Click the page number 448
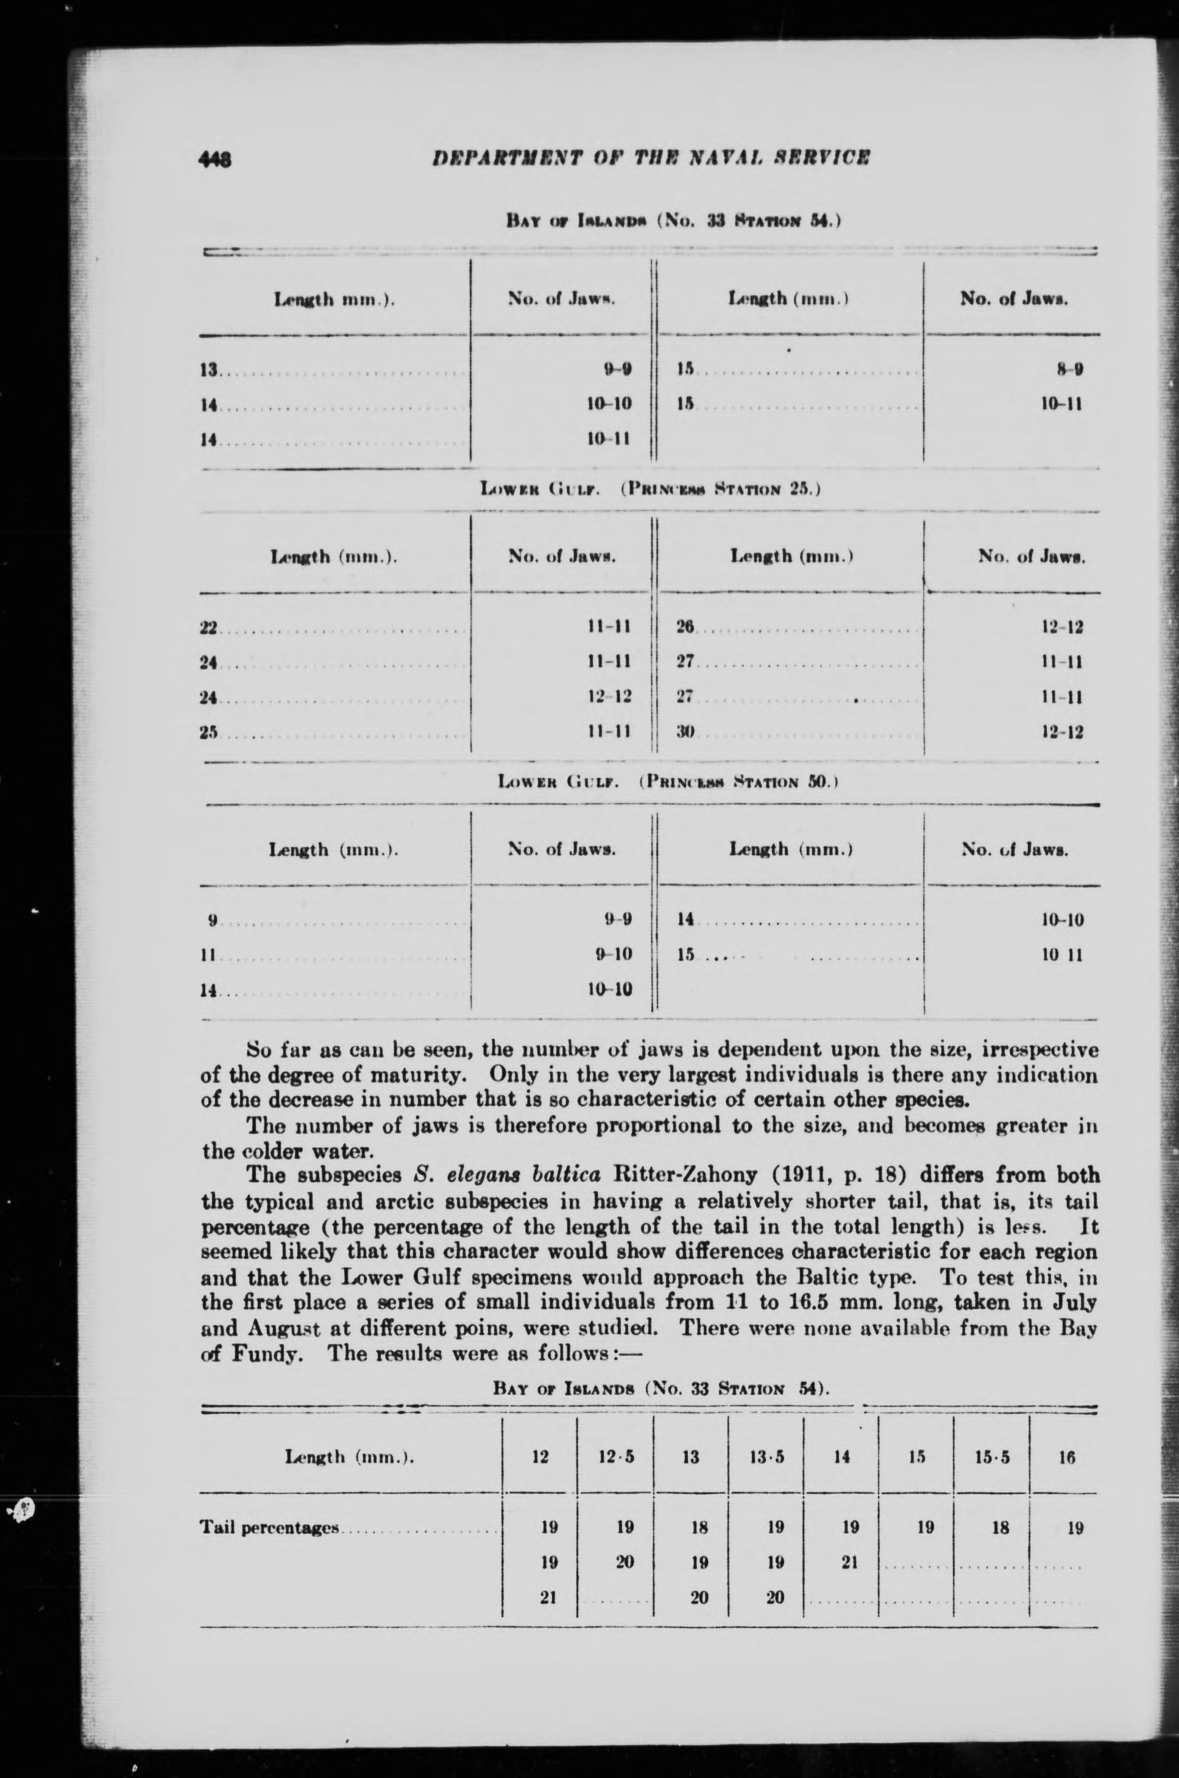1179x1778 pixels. (215, 158)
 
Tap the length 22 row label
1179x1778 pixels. (208, 628)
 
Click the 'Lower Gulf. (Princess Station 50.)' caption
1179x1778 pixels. (668, 782)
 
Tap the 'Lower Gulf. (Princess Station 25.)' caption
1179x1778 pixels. (650, 489)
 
